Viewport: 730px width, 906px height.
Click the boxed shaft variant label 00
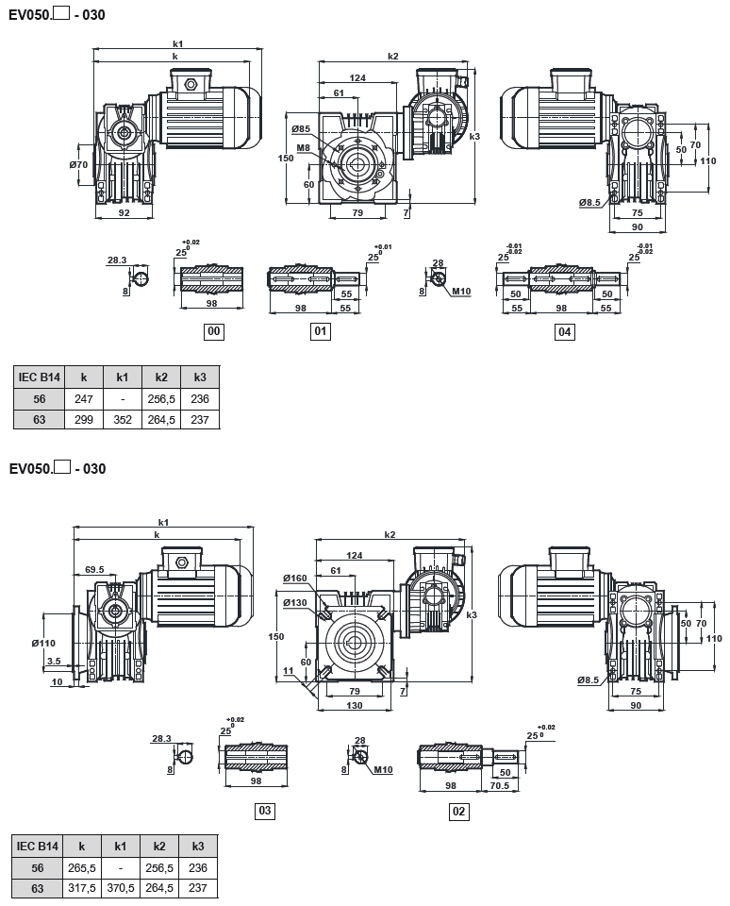[214, 331]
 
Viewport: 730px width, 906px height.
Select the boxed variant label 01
[321, 331]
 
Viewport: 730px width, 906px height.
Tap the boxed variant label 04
[565, 331]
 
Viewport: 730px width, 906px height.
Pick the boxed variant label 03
[265, 811]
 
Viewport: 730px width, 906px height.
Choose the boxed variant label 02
[459, 811]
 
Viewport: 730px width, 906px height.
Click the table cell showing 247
[83, 398]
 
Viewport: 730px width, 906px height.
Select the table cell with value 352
[123, 419]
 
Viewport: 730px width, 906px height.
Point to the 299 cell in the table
[83, 419]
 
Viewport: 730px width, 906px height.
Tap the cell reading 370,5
[121, 888]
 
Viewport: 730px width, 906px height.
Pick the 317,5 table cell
[82, 888]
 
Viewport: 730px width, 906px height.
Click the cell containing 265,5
[82, 867]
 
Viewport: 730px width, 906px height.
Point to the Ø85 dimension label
[301, 128]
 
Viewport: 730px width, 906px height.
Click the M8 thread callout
[303, 148]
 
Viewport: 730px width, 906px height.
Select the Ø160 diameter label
[294, 579]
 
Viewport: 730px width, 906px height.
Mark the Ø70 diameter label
[78, 164]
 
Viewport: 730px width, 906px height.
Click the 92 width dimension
[123, 212]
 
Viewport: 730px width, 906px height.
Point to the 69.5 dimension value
[94, 570]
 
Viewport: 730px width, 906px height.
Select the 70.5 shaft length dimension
[499, 784]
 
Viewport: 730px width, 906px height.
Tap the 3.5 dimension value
[53, 661]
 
